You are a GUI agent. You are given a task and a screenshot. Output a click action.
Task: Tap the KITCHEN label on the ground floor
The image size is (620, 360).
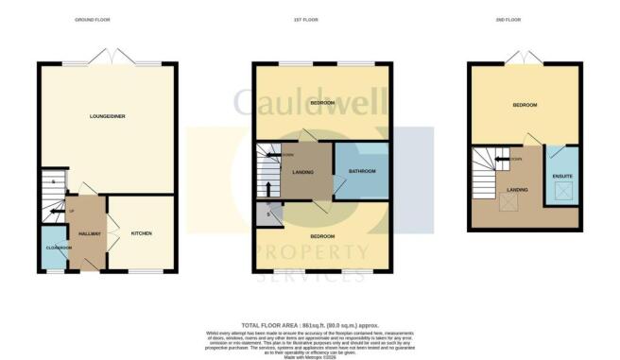coord(141,233)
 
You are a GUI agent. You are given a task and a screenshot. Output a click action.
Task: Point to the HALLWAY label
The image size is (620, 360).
coord(90,233)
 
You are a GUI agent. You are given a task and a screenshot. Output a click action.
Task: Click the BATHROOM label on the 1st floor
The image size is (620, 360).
coord(362,171)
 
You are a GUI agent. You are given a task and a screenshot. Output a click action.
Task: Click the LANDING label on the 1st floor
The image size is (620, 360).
coord(303,171)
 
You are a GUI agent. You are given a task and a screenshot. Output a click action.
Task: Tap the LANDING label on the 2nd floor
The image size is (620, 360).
coord(517,189)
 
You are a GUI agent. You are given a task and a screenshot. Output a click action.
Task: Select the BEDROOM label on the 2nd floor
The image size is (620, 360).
coord(525,105)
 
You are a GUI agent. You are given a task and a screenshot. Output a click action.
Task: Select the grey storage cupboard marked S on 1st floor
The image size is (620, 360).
coord(262,214)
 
